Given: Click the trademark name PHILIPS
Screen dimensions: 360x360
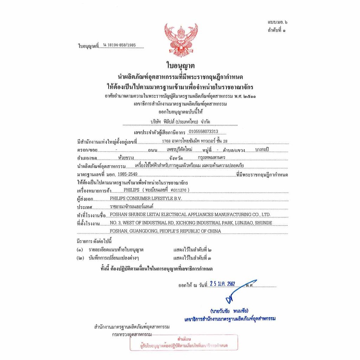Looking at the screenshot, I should click(132, 190).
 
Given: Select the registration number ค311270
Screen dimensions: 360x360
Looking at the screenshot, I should click(180, 190).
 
